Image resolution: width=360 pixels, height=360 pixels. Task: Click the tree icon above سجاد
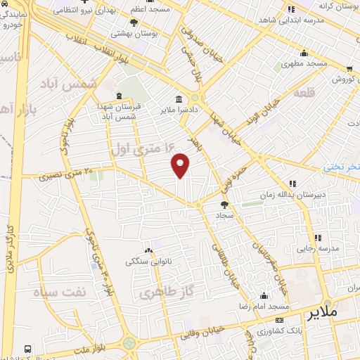(x=224, y=205)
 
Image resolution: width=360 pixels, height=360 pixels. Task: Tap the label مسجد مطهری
(x=304, y=63)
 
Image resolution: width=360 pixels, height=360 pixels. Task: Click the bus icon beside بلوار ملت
(x=27, y=348)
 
